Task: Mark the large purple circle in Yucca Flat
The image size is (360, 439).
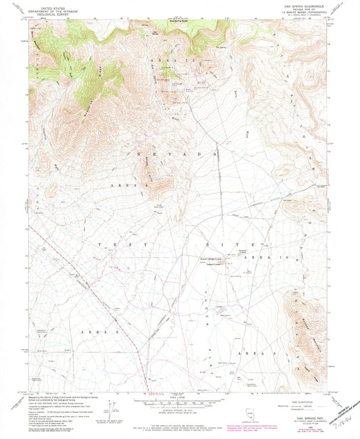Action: [126, 277]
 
